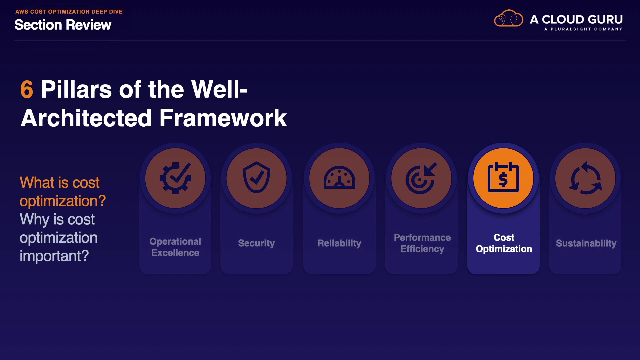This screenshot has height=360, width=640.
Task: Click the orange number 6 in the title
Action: coord(27,89)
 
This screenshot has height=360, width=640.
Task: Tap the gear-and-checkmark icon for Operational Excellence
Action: coord(175,178)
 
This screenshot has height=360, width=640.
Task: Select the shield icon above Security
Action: coord(256,177)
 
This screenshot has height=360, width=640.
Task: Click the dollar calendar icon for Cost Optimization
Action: coord(503,177)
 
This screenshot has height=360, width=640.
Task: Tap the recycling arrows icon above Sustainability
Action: coord(585,178)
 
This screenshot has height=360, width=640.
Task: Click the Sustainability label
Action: coord(586,243)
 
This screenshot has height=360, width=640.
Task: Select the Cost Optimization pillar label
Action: coord(504,243)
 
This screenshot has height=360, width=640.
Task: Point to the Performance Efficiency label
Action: coord(422,243)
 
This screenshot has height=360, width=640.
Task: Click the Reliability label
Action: coord(339,243)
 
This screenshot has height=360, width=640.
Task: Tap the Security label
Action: coord(256,243)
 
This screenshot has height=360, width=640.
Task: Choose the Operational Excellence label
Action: coord(175,247)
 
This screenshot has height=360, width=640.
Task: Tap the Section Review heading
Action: coord(63,25)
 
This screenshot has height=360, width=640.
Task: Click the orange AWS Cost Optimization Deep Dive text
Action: coord(69,12)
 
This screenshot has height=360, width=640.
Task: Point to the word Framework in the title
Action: coord(223,118)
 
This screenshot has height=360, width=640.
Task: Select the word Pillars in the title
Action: coord(76,89)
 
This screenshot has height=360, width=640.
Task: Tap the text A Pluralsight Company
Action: coord(583,29)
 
